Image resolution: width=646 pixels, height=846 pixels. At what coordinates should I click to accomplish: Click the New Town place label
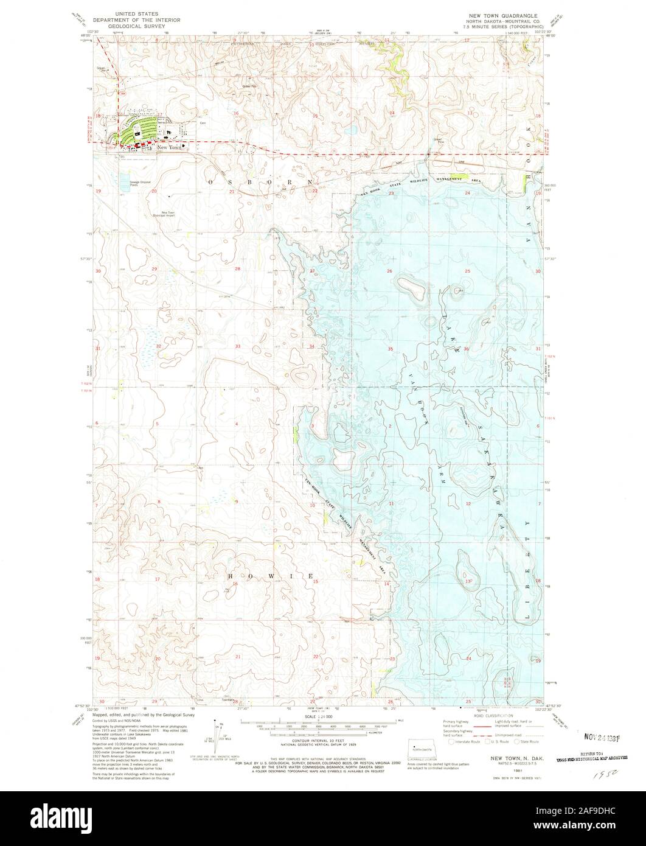click(x=168, y=147)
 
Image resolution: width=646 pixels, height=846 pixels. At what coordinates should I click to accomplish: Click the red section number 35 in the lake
click(x=390, y=349)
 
